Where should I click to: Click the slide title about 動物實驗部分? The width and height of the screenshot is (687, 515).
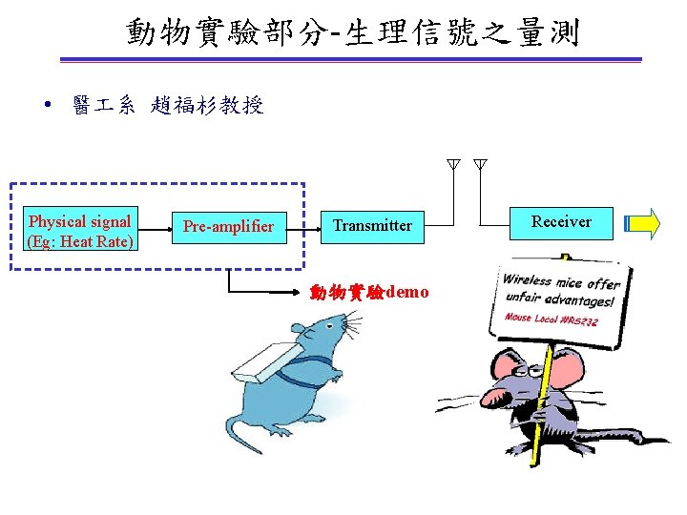[x=352, y=34]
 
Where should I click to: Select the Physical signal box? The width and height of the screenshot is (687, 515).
[x=80, y=231]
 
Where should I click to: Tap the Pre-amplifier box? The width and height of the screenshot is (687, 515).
[x=228, y=226]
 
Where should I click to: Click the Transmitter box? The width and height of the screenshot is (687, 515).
[x=372, y=226]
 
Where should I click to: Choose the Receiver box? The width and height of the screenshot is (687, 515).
[x=561, y=222]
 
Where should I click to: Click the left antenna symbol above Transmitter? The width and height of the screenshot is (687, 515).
[x=454, y=165]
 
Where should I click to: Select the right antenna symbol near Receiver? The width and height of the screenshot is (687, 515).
[x=480, y=165]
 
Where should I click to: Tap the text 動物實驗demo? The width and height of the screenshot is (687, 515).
[x=369, y=292]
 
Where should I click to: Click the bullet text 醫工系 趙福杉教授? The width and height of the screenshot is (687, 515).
[x=168, y=106]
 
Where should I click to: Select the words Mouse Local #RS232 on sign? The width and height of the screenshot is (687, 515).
[x=551, y=319]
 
